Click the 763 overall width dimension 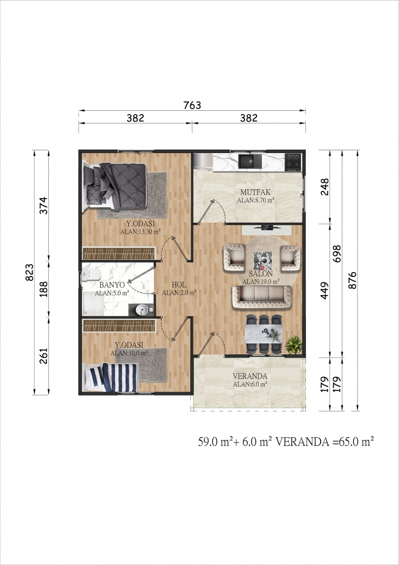point(192,105)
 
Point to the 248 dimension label point(324,187)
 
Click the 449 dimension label point(324,291)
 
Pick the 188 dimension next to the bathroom point(44,289)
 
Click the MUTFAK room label point(255,192)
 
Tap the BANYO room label point(112,285)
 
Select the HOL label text point(179,285)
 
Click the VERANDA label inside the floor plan point(250,376)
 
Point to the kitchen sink point(251,161)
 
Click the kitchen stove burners point(293,162)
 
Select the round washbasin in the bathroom point(143,309)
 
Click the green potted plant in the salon point(293,344)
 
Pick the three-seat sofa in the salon point(262,297)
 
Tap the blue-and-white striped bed point(110,377)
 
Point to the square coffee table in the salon point(263,261)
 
